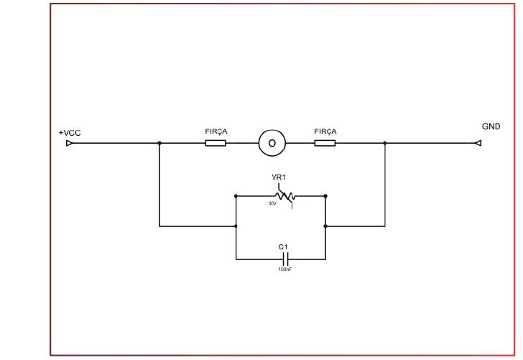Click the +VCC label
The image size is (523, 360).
(x=70, y=133)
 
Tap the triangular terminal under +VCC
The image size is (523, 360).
(x=69, y=144)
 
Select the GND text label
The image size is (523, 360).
(x=491, y=126)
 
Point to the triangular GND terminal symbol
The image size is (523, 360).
(x=477, y=144)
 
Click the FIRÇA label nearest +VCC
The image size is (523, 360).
(x=216, y=132)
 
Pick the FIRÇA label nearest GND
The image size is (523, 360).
(x=325, y=132)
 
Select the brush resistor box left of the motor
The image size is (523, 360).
(x=216, y=144)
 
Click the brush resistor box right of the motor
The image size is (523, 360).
(x=325, y=144)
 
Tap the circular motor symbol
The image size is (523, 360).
(x=272, y=143)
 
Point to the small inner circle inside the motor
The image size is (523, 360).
(x=272, y=143)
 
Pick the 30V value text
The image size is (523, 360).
(x=272, y=203)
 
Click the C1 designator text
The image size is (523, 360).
(x=283, y=247)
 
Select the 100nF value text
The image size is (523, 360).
(x=284, y=269)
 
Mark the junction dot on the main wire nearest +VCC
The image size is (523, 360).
(x=159, y=144)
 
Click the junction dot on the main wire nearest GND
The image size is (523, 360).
(x=385, y=144)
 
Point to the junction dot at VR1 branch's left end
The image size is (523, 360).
(x=236, y=195)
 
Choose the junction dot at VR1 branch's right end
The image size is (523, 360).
(x=326, y=195)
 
